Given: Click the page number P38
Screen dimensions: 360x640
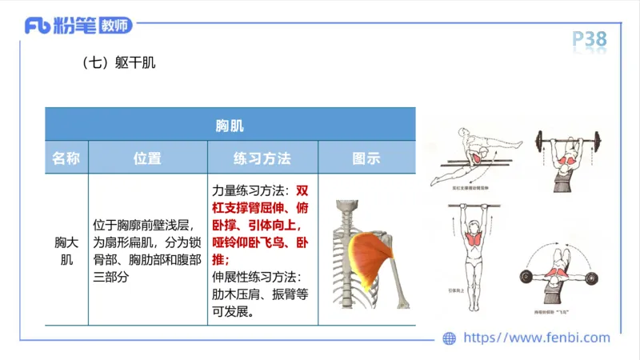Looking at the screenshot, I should point(590,38).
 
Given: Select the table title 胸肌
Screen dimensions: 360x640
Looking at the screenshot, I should point(230,126).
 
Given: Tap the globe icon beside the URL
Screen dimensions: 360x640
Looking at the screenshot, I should point(450,338).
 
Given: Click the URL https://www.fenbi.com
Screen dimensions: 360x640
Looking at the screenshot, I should point(537,338).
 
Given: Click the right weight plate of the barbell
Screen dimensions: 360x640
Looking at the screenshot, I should point(594,145).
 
